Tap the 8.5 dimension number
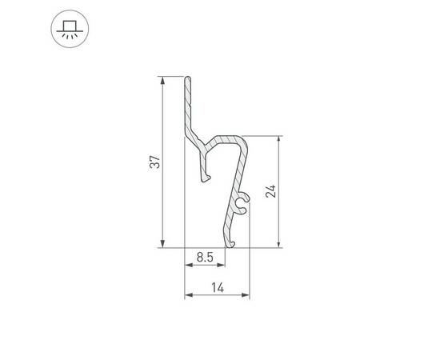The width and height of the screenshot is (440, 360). click(x=203, y=258)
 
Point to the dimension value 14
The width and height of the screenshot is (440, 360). click(x=217, y=286)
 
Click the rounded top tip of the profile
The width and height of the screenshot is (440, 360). click(x=188, y=79)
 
